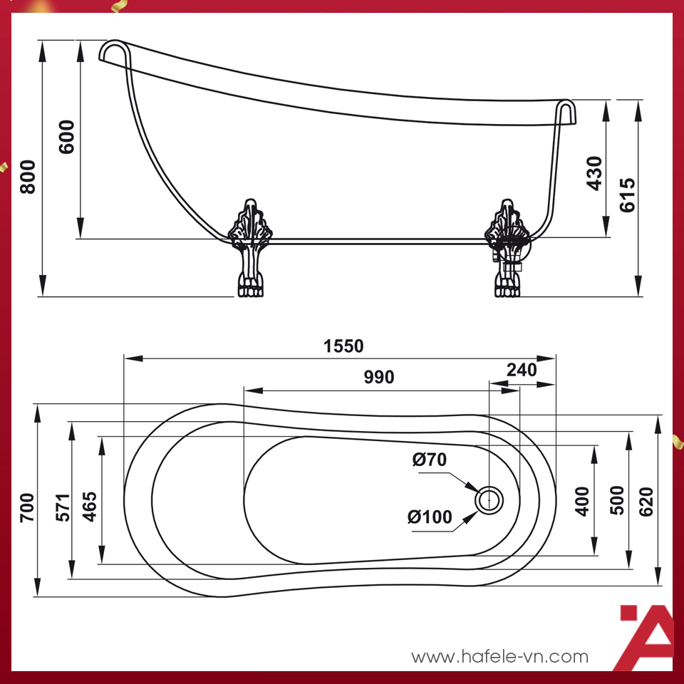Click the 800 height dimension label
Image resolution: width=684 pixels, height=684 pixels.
point(28,176)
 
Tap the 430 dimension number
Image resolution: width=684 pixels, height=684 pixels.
point(594,172)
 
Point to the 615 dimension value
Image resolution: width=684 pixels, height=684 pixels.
point(627,195)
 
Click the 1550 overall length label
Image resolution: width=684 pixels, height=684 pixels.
point(343,346)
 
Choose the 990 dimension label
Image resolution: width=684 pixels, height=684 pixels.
point(379,377)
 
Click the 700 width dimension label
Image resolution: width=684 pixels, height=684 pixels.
point(27,507)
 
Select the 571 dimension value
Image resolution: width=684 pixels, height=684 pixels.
point(63,507)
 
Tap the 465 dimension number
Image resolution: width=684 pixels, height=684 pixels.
point(90,507)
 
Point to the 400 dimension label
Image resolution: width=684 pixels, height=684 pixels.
point(582,502)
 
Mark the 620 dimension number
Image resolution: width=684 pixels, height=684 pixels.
point(646,502)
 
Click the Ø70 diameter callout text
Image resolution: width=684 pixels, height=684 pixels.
point(429,460)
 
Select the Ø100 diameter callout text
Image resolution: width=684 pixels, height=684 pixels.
point(430,517)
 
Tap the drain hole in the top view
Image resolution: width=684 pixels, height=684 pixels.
point(489,500)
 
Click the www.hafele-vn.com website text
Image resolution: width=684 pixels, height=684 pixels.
point(500,656)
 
